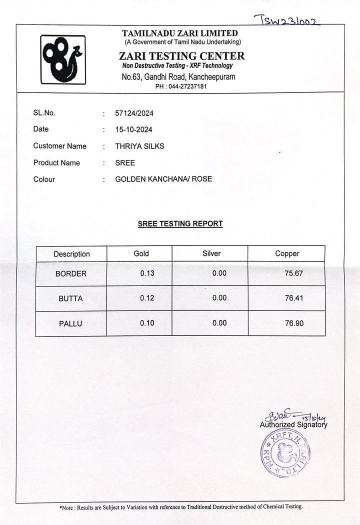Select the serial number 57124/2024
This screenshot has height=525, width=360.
coord(134,113)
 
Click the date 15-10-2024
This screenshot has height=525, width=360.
coord(133,129)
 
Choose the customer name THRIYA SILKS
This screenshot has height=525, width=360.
coord(139,146)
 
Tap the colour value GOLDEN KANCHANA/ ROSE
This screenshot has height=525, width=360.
coord(163,178)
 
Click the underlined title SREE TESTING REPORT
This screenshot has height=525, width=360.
coord(180,223)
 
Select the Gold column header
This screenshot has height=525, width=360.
coord(141,253)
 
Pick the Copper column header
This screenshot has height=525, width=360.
coord(287,253)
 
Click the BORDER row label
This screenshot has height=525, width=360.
coord(71,273)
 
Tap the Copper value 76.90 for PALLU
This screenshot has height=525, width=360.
coord(294,323)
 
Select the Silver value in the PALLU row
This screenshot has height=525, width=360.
coord(219,323)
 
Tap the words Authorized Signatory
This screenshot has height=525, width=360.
coord(293,424)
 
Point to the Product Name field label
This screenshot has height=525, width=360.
coord(56,162)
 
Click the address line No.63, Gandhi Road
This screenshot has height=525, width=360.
coord(178,76)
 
